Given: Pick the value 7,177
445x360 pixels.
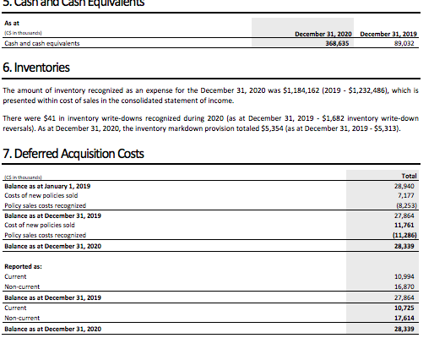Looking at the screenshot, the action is [x=410, y=195].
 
